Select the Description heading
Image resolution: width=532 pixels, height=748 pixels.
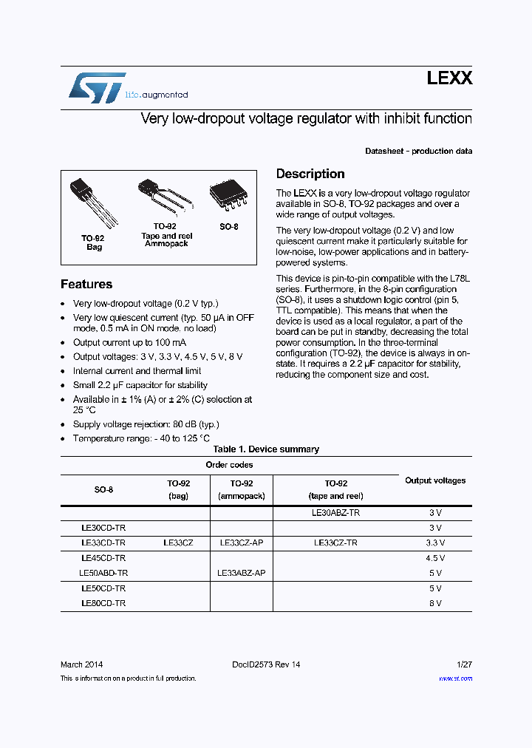point(310,174)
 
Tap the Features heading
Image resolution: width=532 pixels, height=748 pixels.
point(86,285)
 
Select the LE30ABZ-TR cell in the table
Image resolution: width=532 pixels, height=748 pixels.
point(336,512)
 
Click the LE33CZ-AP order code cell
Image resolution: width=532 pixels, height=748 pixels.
point(242,543)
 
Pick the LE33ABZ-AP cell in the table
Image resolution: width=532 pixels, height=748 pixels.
point(242,573)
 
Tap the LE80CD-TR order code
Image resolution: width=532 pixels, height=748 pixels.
point(103,603)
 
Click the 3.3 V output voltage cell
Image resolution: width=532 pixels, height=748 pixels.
point(435,543)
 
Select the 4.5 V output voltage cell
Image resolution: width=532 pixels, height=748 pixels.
point(435,558)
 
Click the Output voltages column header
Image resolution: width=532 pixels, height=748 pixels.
point(435,480)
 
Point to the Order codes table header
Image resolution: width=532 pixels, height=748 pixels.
point(229,465)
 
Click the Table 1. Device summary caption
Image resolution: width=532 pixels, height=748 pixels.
point(266,449)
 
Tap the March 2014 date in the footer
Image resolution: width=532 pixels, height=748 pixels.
point(81,664)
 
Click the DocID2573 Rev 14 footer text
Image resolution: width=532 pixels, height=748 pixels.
point(266,664)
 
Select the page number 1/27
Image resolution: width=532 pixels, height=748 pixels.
point(463,664)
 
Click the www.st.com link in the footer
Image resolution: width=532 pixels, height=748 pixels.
point(455,678)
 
